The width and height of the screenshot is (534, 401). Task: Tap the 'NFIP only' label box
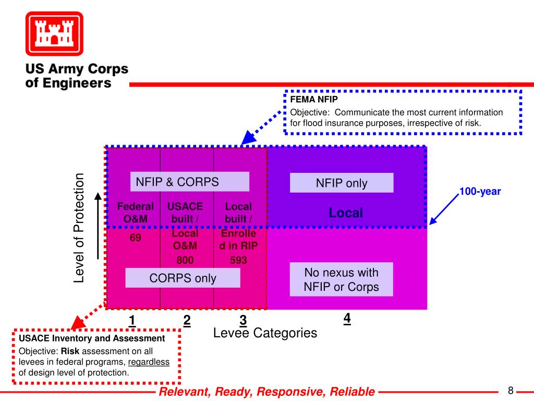coord(342,183)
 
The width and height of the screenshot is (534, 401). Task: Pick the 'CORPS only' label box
coord(183,278)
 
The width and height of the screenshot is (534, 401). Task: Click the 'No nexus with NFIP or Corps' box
coord(341,279)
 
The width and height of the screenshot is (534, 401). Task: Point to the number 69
coord(136,238)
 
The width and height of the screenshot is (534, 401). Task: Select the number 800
coord(185,260)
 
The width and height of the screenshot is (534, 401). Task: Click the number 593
coord(238,260)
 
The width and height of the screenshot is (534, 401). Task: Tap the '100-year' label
coord(480,192)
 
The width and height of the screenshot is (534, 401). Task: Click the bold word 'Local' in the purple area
coord(346,213)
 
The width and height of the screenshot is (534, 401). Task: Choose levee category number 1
coord(132,320)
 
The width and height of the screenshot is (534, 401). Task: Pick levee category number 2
coord(187,320)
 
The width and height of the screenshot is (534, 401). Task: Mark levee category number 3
coord(243,320)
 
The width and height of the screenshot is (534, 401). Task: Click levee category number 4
coord(347,318)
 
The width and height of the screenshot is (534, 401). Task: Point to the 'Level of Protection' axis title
coord(79,228)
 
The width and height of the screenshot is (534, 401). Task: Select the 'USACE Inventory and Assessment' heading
coord(92,338)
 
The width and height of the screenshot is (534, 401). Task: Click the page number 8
coord(511,391)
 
